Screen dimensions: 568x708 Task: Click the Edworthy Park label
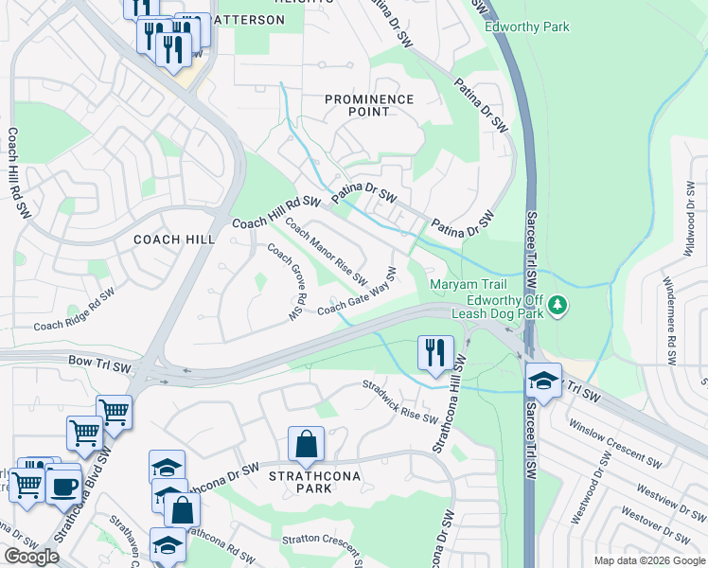point(526,27)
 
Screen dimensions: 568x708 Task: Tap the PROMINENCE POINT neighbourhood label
point(369,105)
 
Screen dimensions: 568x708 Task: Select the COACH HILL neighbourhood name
point(174,240)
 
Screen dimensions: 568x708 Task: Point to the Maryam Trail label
point(469,284)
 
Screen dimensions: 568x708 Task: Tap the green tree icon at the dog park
point(558,304)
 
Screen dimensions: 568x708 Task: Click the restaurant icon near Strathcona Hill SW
point(434,353)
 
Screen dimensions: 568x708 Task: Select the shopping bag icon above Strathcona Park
point(307,443)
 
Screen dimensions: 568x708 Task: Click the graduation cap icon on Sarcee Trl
point(543,380)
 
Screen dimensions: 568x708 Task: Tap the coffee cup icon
point(64,487)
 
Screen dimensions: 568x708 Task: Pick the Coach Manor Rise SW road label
point(326,251)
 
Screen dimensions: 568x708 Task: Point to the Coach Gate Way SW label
point(356,293)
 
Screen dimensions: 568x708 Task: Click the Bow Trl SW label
point(99,362)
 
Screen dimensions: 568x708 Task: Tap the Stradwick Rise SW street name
point(401,401)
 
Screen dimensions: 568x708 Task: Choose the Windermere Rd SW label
point(668,321)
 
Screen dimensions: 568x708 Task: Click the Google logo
point(32,557)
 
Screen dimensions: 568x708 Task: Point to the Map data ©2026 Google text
point(648,559)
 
